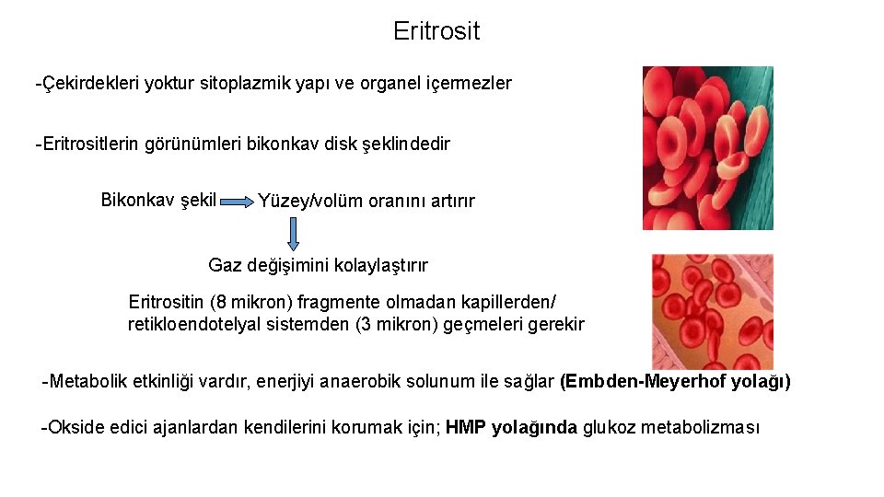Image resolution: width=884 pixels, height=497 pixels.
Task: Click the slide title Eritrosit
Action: pyautogui.click(x=436, y=31)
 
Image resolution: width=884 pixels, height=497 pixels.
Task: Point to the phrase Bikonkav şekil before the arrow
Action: pyautogui.click(x=157, y=200)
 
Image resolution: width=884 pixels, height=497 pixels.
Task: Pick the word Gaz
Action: pyautogui.click(x=225, y=265)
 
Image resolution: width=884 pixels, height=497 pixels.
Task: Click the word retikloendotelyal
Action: pyautogui.click(x=192, y=324)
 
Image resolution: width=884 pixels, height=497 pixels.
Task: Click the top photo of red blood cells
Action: pyautogui.click(x=707, y=148)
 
